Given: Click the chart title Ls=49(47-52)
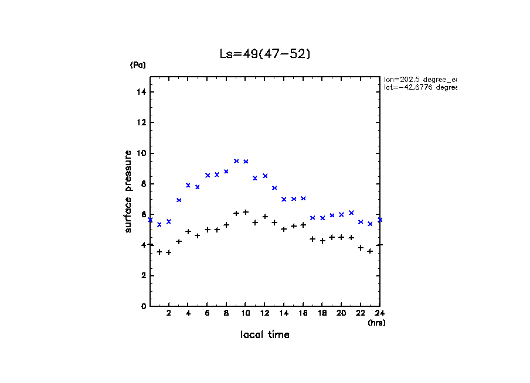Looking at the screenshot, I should [x=264, y=54].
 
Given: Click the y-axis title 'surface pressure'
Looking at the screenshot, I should [x=128, y=191].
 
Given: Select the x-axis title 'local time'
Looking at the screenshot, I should [x=264, y=335].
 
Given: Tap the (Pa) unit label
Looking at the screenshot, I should [x=138, y=65].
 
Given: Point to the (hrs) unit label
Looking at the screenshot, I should [x=376, y=323].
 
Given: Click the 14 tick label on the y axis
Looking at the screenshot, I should [x=142, y=92].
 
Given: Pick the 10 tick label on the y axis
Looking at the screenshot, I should [x=142, y=153].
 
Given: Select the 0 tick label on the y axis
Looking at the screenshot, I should [x=144, y=306].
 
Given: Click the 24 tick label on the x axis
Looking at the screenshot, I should [x=380, y=313].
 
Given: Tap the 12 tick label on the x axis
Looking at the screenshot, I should [x=264, y=313].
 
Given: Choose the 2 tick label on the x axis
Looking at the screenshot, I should [x=169, y=313].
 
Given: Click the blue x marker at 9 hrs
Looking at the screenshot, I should [x=236, y=160].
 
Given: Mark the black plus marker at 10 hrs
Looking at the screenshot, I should [x=246, y=212].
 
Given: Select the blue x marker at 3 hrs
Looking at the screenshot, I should [x=179, y=200].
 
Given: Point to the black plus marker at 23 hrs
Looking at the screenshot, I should [x=370, y=251].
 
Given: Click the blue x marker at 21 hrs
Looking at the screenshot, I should [x=351, y=213].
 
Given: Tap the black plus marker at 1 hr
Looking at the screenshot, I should [x=159, y=252].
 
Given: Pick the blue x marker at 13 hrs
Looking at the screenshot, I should [x=274, y=188].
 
